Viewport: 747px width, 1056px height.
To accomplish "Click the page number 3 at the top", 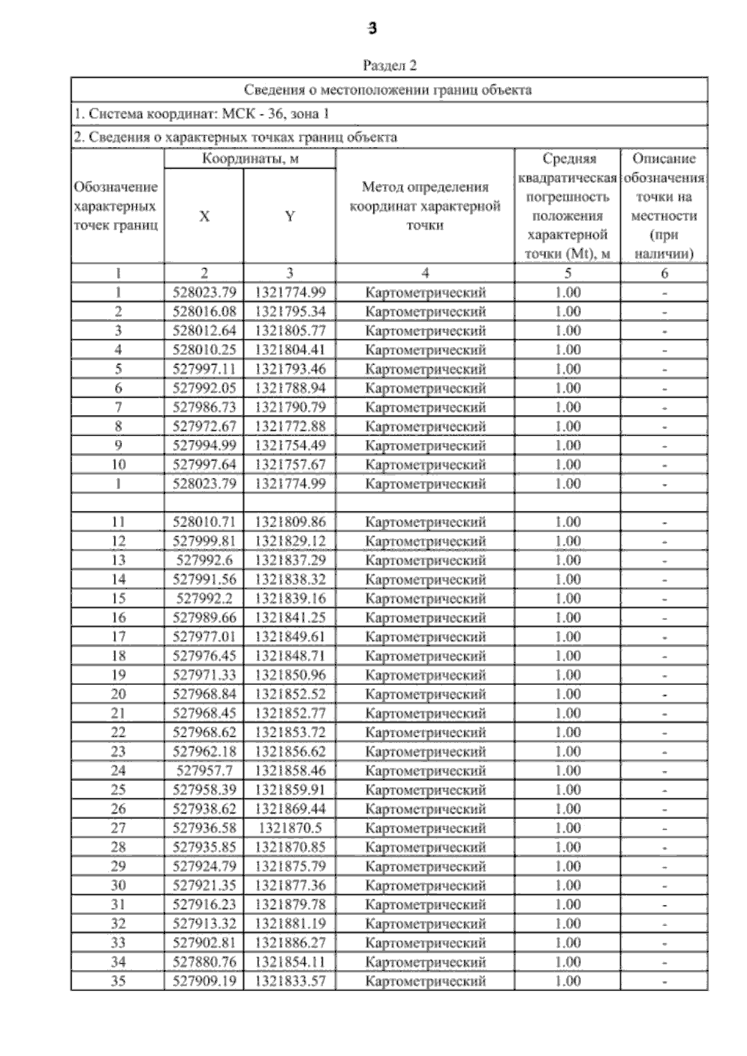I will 372,29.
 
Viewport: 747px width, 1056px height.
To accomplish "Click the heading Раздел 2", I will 389,65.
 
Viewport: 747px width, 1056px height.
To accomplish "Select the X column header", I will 204,216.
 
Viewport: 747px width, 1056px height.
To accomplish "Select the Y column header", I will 289,216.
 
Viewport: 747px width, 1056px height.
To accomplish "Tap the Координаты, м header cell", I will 250,159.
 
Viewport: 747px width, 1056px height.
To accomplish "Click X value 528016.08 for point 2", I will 204,311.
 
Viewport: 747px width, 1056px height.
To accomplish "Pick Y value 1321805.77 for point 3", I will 290,330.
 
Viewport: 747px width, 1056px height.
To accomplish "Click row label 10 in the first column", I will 118,464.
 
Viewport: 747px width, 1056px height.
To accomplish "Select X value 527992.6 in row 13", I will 204,560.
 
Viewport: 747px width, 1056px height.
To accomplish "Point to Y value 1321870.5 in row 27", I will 290,828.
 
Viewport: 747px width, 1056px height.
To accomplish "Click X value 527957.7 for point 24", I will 204,770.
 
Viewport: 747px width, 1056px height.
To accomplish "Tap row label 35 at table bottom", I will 118,981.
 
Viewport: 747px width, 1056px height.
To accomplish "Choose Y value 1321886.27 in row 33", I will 290,942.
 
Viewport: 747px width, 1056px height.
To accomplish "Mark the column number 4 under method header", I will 425,273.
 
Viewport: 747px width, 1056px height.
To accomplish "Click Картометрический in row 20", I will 425,694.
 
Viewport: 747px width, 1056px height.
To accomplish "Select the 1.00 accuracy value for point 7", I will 567,407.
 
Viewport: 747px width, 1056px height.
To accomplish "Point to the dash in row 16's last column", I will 664,618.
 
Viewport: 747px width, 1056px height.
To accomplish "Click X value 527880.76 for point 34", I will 204,961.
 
